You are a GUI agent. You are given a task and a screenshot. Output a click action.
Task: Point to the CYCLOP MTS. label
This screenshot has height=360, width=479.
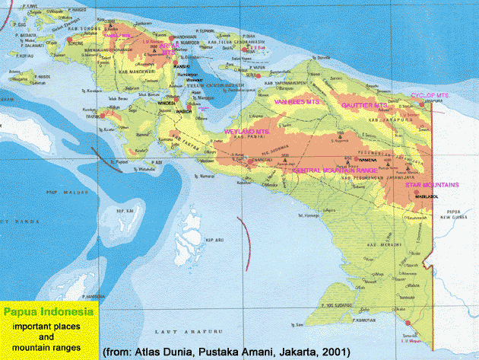[430, 95]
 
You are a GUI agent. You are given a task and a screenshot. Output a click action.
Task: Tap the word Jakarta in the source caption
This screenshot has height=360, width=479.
[281, 352]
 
